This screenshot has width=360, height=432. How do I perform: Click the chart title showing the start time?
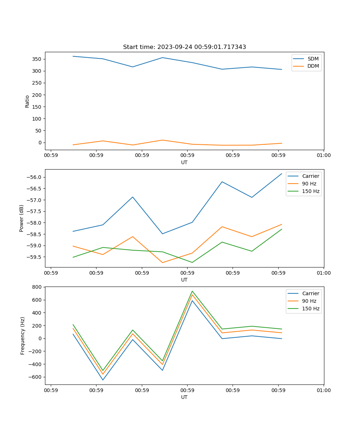point(184,47)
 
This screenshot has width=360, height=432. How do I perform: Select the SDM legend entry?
point(313,59)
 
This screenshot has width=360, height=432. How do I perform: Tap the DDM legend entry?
point(313,66)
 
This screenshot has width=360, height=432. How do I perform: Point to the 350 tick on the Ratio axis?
point(37,59)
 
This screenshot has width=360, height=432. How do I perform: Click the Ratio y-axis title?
point(27,101)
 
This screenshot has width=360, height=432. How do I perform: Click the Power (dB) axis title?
point(22,218)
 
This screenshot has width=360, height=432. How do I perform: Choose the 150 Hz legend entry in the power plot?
point(311,191)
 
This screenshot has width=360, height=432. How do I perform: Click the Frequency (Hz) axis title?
point(23,336)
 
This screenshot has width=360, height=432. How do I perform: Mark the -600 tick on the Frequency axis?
point(35,377)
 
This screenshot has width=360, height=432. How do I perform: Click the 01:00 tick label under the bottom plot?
point(324,390)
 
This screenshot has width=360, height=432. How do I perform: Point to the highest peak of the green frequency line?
point(192,291)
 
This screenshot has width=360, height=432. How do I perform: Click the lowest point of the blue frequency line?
point(103,380)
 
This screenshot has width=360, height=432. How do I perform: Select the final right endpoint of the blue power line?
point(282,174)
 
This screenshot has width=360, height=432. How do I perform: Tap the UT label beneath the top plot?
point(184,162)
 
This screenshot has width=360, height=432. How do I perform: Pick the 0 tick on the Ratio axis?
point(40,143)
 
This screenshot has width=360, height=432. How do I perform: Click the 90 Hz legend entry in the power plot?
point(309,184)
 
